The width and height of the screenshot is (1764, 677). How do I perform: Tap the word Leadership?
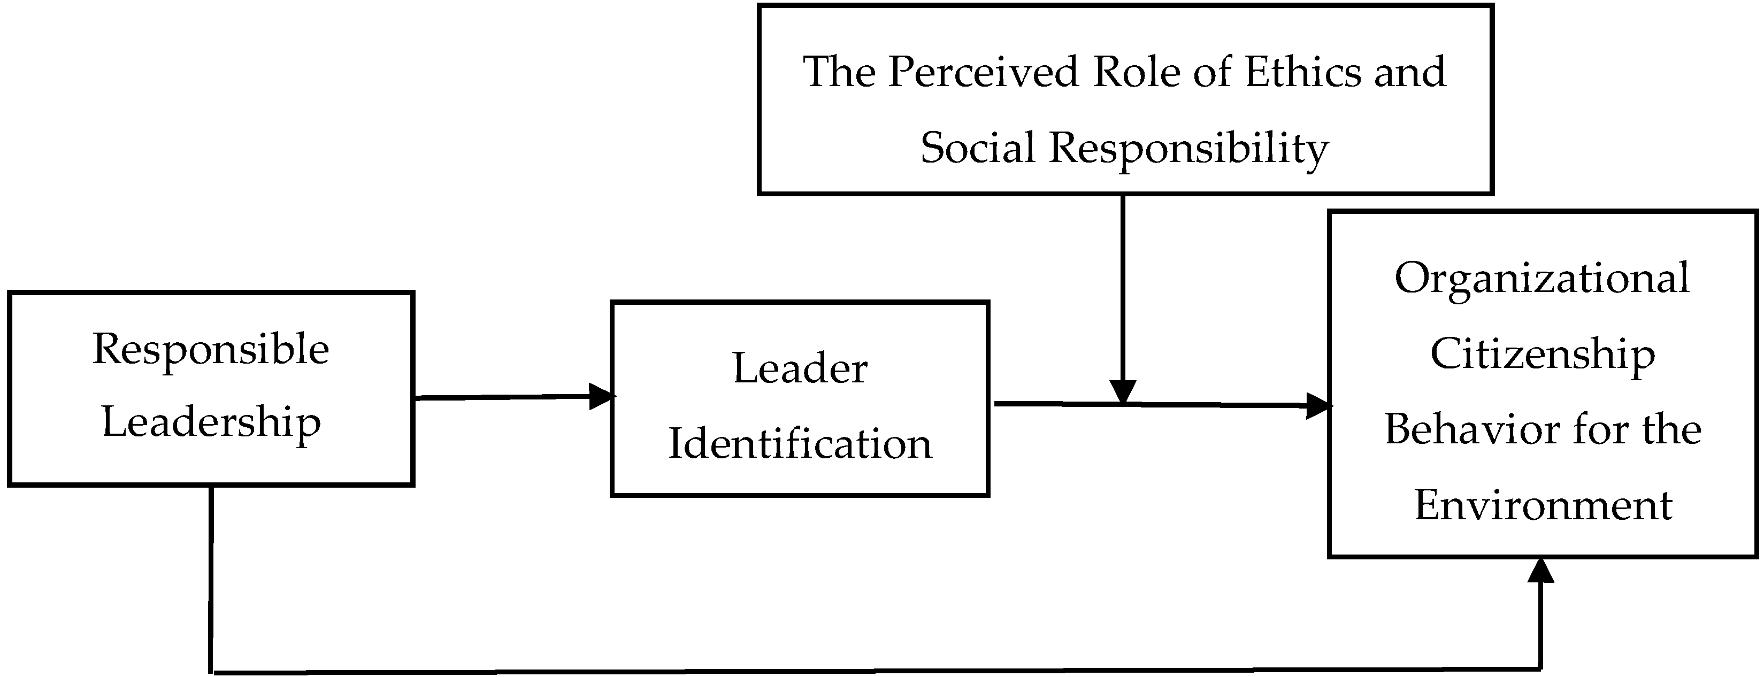[211, 423]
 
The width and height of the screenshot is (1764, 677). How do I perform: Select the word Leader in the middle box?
[800, 369]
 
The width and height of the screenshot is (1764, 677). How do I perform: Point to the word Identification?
[800, 444]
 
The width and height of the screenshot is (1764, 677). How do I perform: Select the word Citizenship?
[1542, 355]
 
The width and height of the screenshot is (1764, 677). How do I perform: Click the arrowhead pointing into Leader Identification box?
[601, 396]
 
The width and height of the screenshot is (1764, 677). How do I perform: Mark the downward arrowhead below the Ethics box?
[1123, 392]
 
